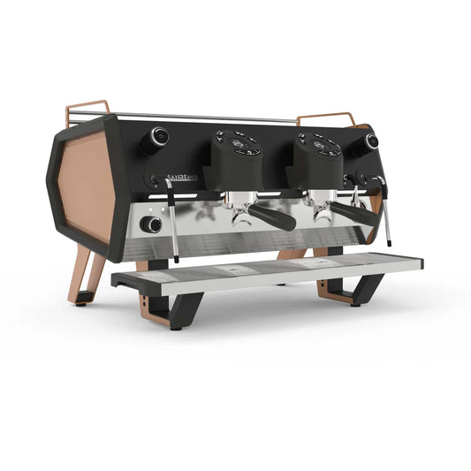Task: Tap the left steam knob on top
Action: (159, 135)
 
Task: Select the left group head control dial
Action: (237, 141)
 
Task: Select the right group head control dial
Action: (319, 141)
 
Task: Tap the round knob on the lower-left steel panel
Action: (155, 224)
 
